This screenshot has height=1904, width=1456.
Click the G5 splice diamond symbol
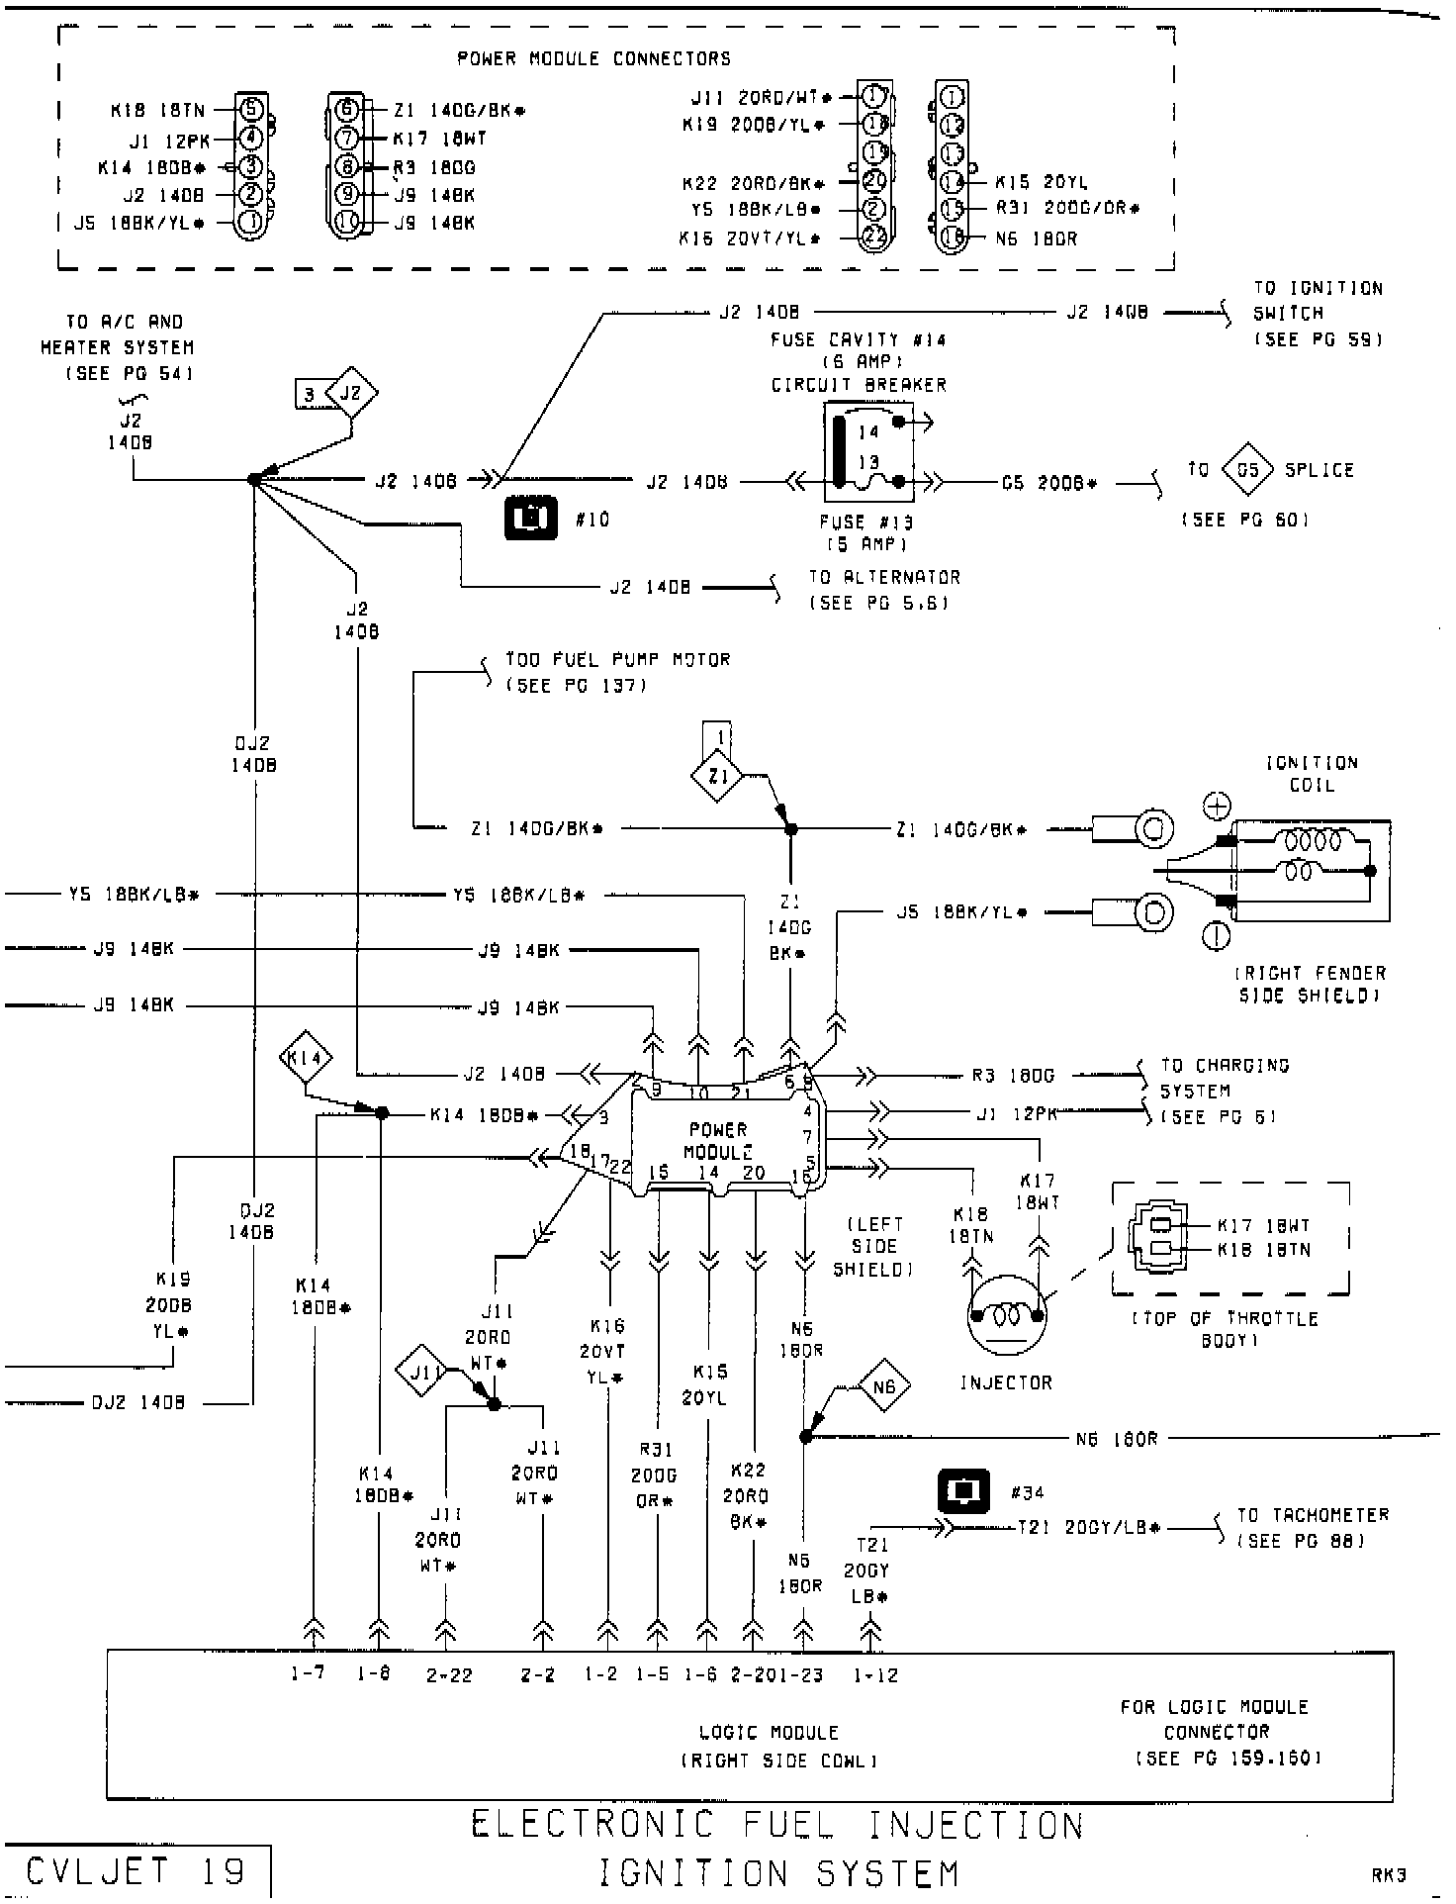pos(1247,470)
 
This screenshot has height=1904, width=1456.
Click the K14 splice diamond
pos(305,1060)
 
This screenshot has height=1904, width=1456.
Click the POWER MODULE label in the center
pos(718,1140)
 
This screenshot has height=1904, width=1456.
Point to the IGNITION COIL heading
pos(1313,774)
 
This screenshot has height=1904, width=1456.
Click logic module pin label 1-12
pos(874,1674)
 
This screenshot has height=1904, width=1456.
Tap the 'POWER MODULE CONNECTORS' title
pos(593,58)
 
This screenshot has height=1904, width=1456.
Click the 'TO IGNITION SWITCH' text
pos(1318,301)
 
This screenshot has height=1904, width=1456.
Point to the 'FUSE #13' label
pos(866,523)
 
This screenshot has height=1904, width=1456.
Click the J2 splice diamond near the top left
pos(351,394)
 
